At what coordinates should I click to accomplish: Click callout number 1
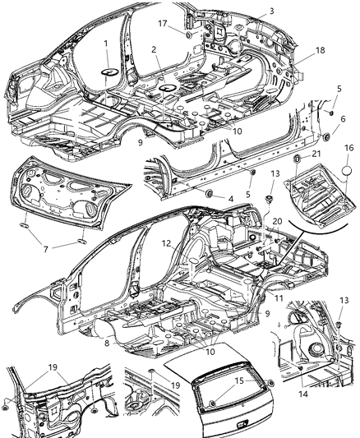click(106, 44)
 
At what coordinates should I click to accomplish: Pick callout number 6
click(339, 119)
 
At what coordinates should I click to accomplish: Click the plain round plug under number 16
click(347, 192)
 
